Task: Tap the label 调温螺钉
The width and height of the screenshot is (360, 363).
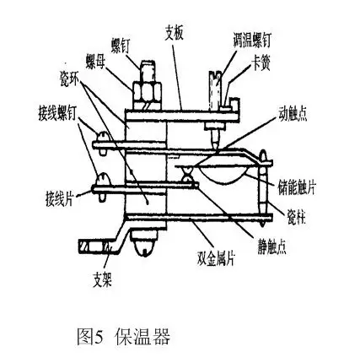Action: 251,40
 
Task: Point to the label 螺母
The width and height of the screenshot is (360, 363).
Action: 95,61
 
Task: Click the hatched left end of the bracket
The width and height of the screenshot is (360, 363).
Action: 89,246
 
